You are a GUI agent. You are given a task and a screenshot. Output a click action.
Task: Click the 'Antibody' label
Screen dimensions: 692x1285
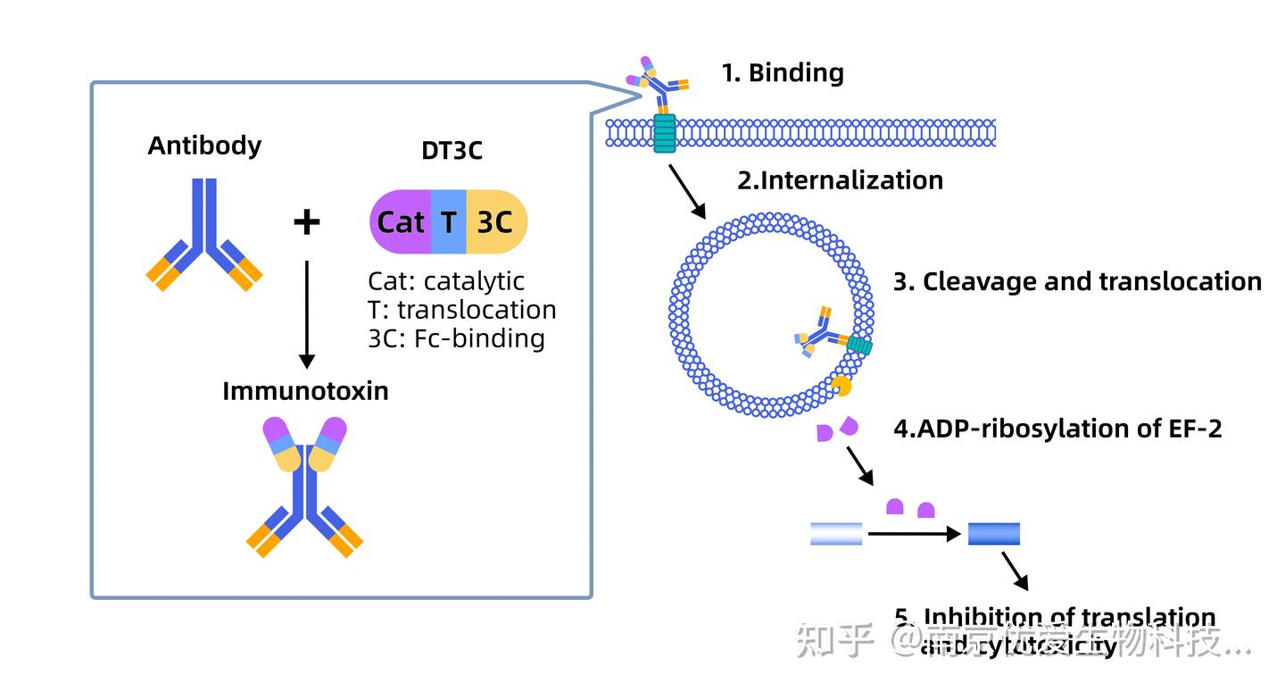point(204,146)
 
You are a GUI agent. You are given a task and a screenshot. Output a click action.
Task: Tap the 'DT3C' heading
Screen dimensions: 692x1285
point(452,150)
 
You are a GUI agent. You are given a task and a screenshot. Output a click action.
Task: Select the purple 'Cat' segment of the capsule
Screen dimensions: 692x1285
point(401,221)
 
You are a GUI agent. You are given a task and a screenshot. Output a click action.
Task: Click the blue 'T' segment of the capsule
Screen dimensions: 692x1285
point(449,221)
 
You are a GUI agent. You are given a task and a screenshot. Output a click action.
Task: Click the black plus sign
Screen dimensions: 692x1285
point(306,221)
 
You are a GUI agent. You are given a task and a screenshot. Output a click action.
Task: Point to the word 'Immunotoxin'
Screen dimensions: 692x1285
point(305,391)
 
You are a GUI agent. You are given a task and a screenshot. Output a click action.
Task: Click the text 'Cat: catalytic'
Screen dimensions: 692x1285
point(446,281)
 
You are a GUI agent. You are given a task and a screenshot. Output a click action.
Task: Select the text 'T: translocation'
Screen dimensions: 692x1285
point(461,310)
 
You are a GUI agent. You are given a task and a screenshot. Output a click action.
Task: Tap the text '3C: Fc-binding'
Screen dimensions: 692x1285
point(456,338)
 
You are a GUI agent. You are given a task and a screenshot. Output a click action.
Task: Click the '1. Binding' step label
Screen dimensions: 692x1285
point(783,73)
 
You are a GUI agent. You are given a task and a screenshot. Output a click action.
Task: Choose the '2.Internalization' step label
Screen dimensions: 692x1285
point(840,180)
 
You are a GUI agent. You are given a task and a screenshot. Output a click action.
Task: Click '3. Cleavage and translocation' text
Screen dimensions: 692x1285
point(1077,282)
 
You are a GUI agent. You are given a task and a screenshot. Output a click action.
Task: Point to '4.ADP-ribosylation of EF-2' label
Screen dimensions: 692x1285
point(1057,429)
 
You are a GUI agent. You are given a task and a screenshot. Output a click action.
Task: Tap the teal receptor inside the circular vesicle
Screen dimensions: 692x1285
point(858,345)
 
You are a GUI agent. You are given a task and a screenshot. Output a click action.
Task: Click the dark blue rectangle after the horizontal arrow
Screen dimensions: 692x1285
point(993,534)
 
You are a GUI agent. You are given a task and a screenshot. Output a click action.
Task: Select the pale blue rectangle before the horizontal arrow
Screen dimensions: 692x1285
point(836,534)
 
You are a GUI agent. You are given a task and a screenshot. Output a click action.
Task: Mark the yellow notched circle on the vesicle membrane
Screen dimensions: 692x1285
point(840,386)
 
